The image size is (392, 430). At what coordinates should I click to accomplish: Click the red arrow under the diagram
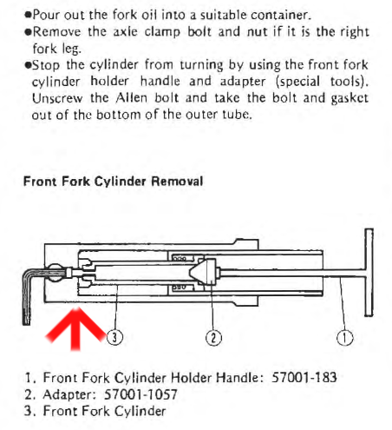coord(75,330)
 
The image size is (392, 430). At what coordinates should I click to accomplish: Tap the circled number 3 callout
coord(114,337)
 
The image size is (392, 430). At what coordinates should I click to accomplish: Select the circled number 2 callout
coord(213,338)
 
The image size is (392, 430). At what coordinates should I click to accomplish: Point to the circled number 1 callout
coord(344,338)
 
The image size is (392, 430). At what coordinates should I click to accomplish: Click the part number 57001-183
coord(304,377)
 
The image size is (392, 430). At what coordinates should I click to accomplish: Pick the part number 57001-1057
coord(140,394)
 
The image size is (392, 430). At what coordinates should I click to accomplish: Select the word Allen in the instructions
coord(132,98)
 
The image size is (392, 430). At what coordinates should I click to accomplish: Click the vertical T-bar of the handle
coord(369,272)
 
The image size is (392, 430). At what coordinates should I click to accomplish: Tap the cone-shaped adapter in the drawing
coord(203,272)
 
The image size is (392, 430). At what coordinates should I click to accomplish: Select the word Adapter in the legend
coord(69,394)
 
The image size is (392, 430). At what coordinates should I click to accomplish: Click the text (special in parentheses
coord(297,82)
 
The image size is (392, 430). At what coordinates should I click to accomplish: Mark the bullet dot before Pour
coord(28,15)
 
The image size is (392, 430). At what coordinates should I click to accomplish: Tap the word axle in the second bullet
coord(125,31)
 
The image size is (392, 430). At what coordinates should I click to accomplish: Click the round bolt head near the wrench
coord(55,273)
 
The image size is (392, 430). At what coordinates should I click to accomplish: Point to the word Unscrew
coord(57,98)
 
